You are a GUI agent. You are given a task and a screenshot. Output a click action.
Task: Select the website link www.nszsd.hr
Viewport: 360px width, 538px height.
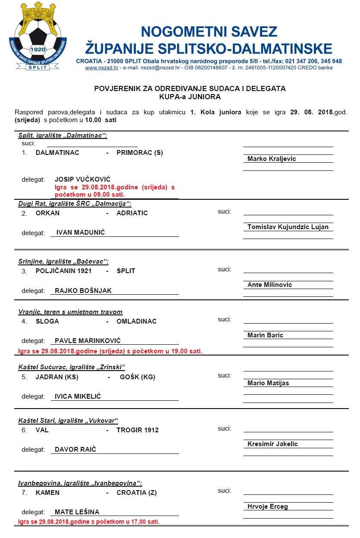(x=102, y=68)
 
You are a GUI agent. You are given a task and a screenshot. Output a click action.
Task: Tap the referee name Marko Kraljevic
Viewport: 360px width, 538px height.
(x=272, y=159)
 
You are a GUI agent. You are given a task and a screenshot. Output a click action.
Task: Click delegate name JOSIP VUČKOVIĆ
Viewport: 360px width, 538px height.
(x=82, y=179)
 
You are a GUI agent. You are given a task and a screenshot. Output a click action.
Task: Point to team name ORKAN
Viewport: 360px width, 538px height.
(x=47, y=213)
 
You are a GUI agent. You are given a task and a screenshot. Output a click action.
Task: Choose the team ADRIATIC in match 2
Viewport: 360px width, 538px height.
(x=132, y=213)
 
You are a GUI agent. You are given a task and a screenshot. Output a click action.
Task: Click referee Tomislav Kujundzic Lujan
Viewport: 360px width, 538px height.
(x=288, y=227)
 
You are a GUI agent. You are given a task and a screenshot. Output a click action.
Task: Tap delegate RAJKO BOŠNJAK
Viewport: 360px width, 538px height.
(x=83, y=291)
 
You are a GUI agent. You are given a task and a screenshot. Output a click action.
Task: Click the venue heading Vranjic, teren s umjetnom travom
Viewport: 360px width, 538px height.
(x=70, y=312)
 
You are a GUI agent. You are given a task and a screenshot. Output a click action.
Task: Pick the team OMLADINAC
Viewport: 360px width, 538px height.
(x=136, y=321)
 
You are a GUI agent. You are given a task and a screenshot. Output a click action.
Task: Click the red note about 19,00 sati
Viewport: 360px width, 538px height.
(x=110, y=351)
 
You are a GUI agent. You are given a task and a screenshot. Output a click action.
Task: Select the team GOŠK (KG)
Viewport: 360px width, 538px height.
(x=137, y=377)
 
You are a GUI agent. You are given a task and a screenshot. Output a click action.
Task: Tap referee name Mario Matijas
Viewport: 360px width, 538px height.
(x=268, y=383)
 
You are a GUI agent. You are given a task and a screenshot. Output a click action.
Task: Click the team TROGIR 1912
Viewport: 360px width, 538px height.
(x=138, y=430)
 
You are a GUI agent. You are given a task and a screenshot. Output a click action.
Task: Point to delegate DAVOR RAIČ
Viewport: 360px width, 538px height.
(x=75, y=450)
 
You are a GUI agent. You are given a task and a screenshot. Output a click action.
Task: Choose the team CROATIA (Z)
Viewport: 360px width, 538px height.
(x=136, y=492)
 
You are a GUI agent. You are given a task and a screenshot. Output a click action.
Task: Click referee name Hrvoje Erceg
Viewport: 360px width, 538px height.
(x=267, y=507)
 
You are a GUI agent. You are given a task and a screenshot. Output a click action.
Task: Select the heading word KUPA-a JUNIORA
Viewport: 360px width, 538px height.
(x=190, y=97)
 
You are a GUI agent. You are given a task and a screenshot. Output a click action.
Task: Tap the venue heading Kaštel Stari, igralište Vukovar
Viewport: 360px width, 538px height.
(x=68, y=421)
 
